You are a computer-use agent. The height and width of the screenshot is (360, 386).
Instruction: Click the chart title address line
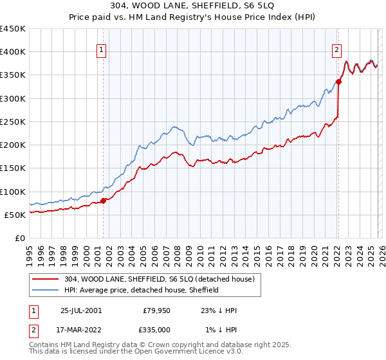[193, 7]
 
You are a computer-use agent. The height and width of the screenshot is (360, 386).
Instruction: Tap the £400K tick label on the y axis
[13, 52]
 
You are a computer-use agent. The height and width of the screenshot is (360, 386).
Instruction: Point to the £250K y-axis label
[13, 122]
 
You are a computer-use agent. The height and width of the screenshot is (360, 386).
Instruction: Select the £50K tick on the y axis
[15, 215]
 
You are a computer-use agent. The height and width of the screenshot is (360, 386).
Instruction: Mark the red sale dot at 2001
[104, 201]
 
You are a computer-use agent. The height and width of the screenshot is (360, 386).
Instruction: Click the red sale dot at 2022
[338, 82]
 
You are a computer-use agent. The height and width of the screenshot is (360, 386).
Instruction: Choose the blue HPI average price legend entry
[142, 290]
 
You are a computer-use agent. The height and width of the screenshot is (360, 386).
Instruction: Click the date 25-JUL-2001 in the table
[81, 310]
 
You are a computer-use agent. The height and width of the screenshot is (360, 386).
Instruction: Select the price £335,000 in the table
[156, 330]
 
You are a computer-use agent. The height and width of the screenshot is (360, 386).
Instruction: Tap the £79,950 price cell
[156, 310]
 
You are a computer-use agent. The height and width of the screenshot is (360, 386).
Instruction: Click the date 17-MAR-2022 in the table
[81, 330]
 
